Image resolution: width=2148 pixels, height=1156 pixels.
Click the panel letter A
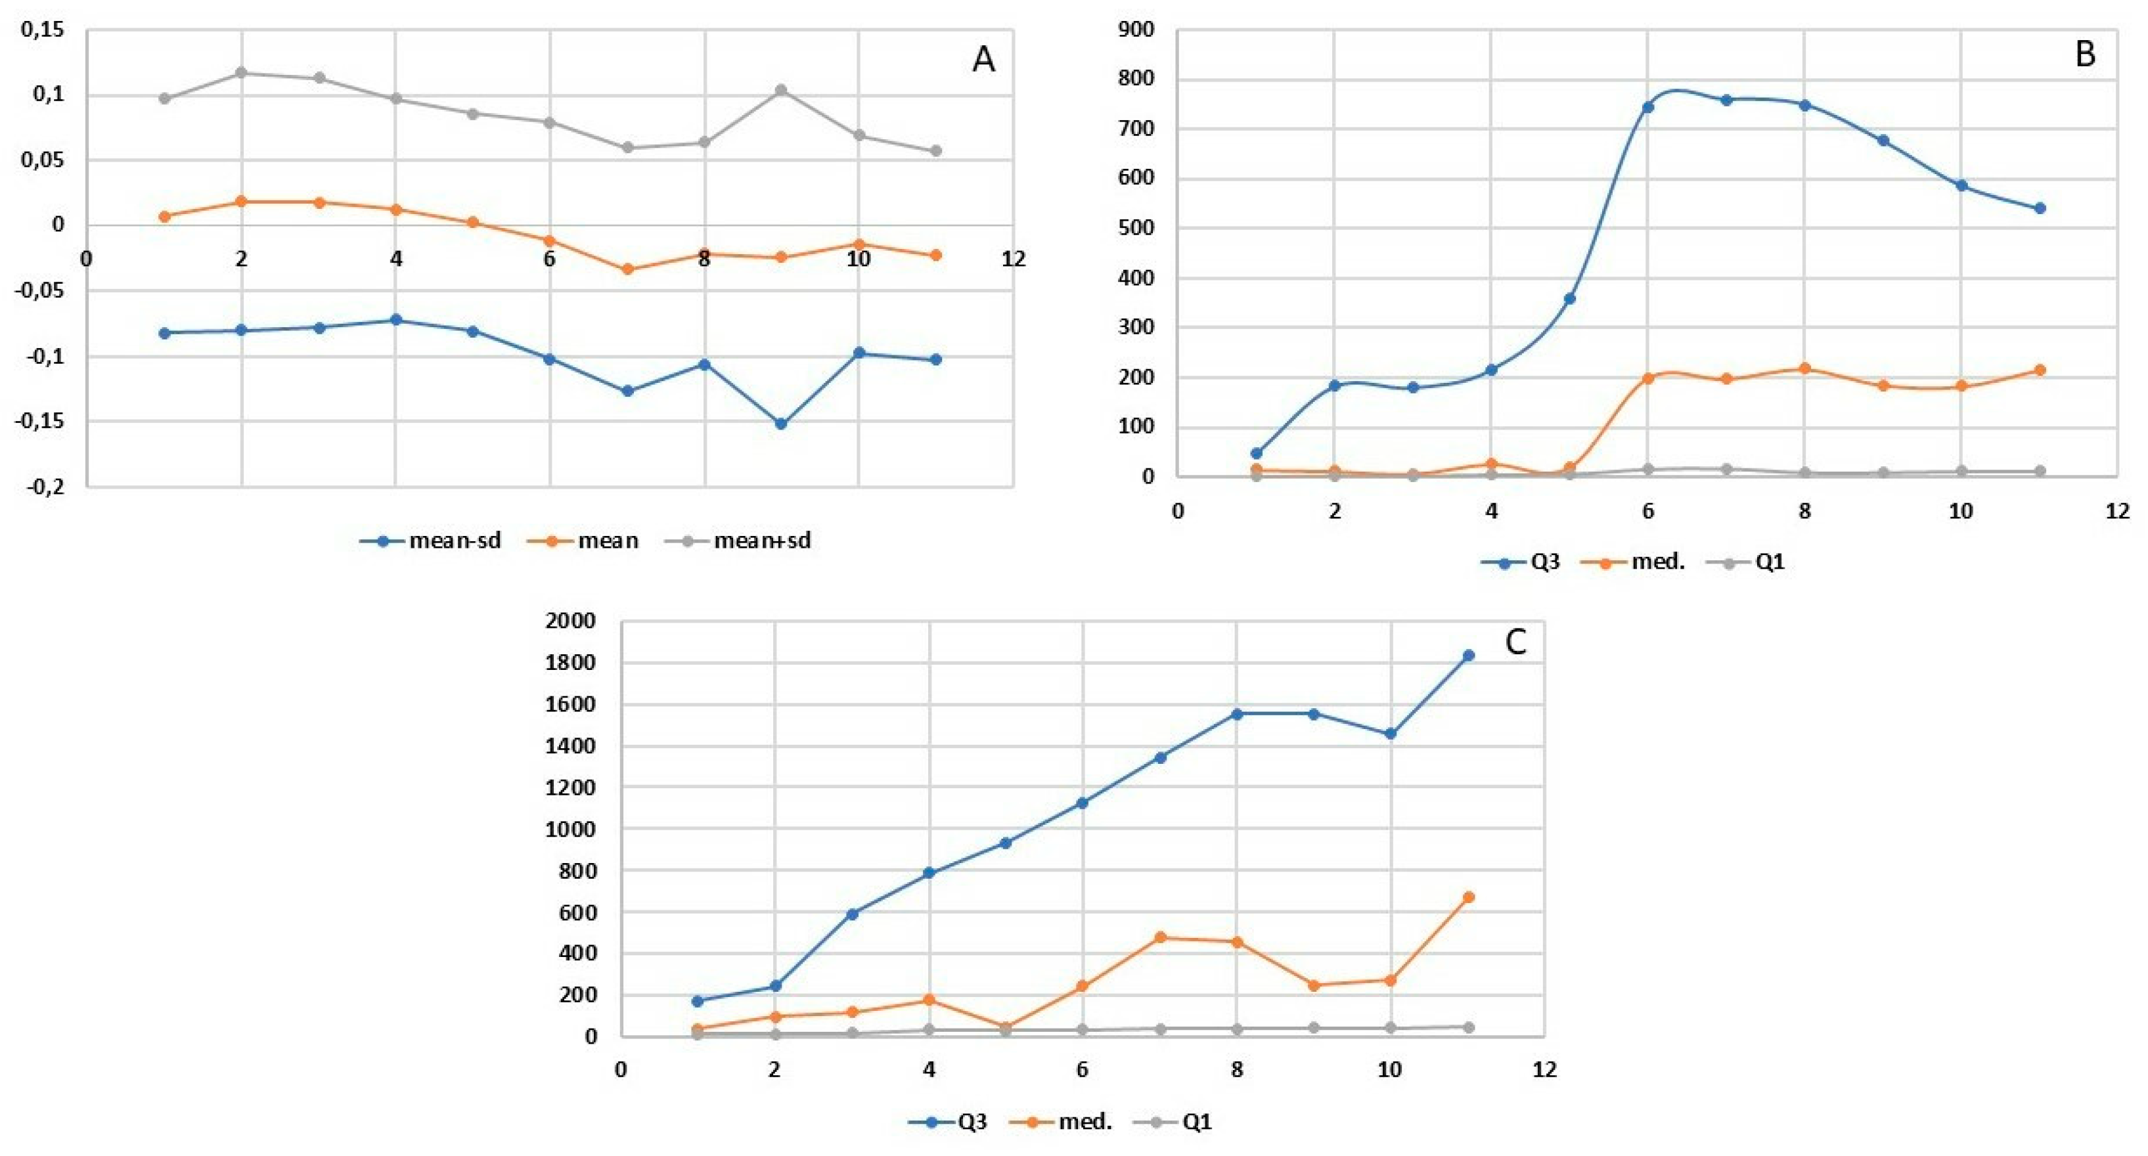click(x=983, y=60)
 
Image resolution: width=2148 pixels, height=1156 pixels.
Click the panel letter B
click(x=2085, y=55)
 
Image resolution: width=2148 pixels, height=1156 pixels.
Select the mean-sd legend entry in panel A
click(x=430, y=541)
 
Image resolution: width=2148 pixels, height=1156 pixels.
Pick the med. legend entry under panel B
click(x=1634, y=562)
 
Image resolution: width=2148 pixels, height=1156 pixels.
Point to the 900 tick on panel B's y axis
click(x=1136, y=30)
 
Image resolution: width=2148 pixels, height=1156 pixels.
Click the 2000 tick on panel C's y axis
click(x=570, y=621)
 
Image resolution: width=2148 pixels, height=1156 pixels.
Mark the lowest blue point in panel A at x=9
click(x=781, y=424)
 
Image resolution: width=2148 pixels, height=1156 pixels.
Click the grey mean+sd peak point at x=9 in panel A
click(x=781, y=90)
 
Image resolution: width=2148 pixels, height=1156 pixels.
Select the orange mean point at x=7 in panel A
click(x=628, y=269)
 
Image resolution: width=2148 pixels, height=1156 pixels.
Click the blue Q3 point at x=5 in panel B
click(x=1569, y=299)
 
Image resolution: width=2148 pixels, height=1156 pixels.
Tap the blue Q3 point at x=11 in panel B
click(x=2040, y=208)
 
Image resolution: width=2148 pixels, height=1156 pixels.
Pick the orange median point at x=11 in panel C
click(x=1468, y=897)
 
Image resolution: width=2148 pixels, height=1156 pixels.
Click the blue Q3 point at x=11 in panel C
click(x=1468, y=656)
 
